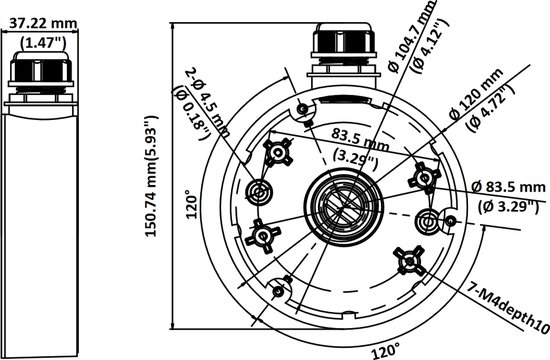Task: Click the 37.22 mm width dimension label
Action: click(x=43, y=24)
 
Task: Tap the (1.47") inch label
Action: click(x=43, y=42)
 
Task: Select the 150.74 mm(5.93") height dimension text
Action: click(x=152, y=176)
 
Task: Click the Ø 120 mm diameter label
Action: click(x=476, y=94)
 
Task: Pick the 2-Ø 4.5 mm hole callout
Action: click(x=208, y=102)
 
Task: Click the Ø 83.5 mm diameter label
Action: click(x=508, y=187)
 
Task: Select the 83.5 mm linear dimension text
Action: click(x=360, y=138)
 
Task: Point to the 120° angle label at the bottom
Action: click(x=386, y=351)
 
